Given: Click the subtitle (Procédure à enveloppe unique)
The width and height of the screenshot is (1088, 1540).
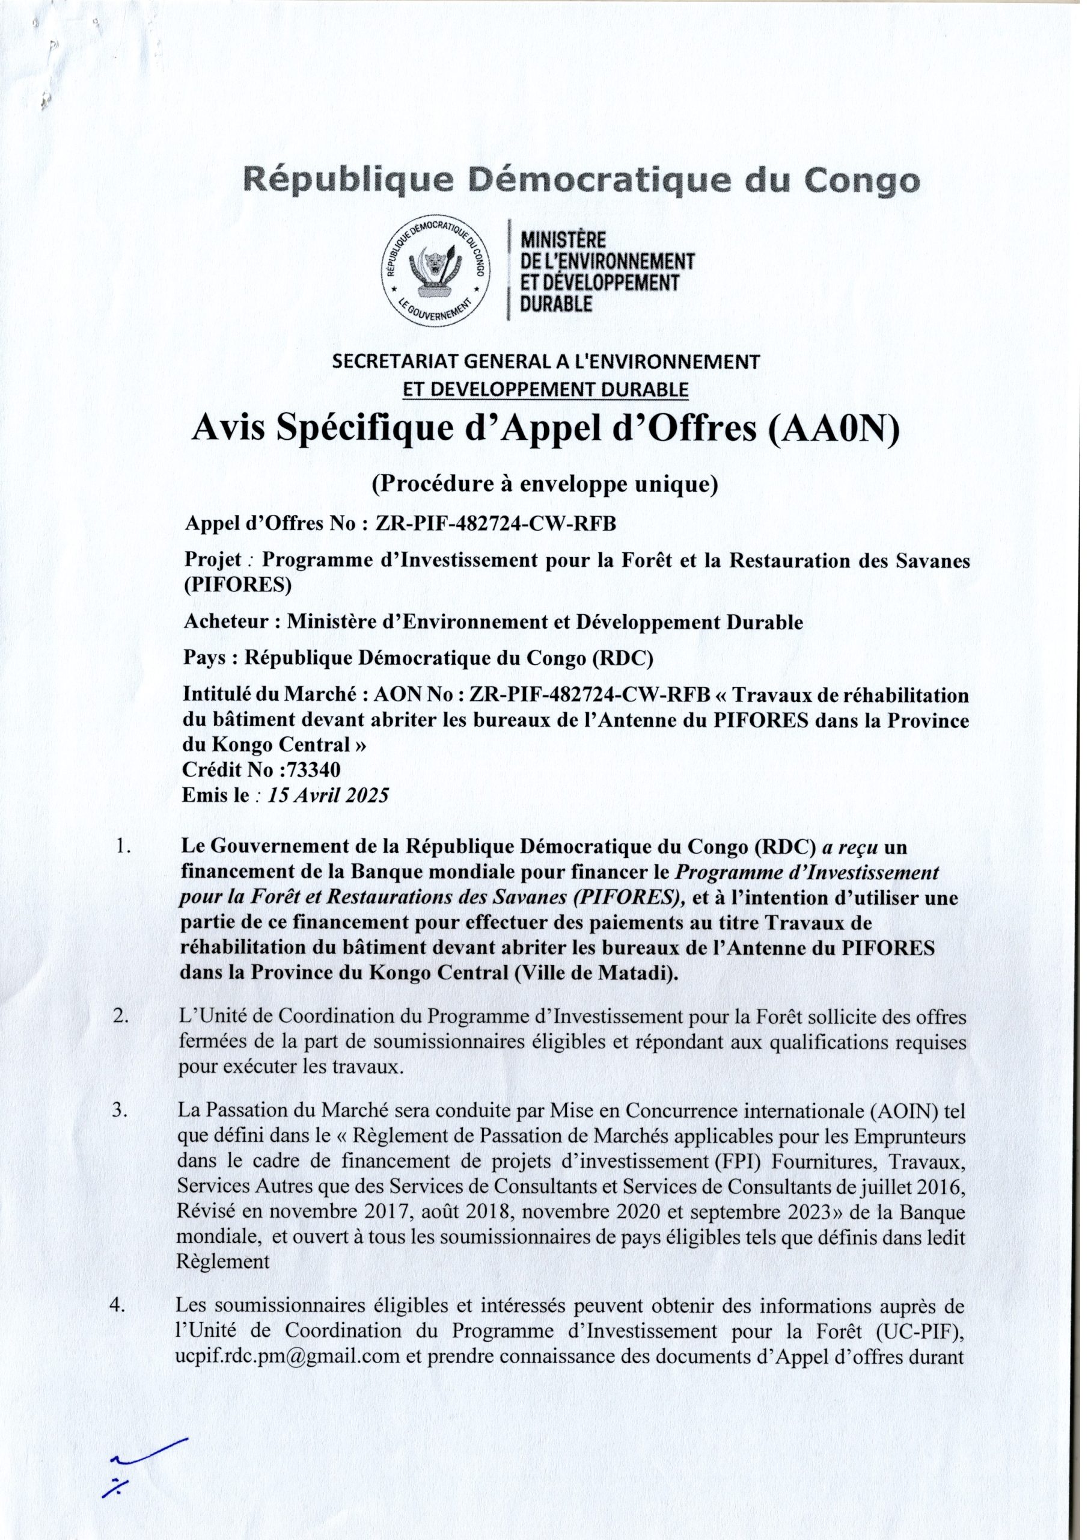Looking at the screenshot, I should point(545,484).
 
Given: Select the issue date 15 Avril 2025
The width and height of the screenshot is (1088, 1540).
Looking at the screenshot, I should point(328,796).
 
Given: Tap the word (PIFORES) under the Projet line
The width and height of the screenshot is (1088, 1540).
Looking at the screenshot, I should point(238,585).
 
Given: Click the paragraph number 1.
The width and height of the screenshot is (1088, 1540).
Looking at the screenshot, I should point(123,847).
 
